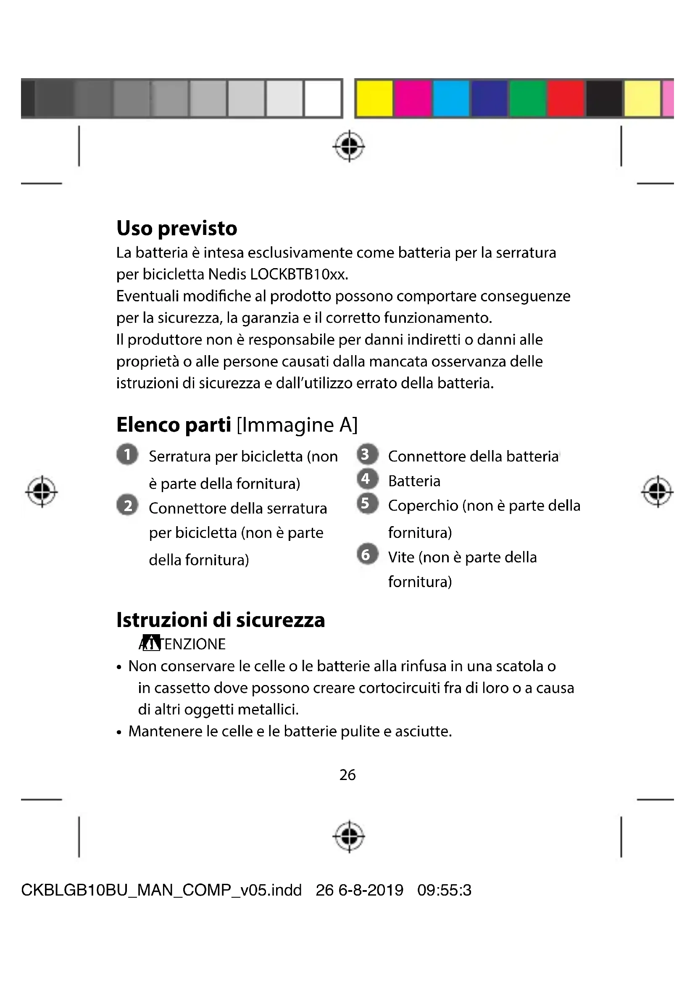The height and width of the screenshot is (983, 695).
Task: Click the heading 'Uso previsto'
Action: tap(176, 228)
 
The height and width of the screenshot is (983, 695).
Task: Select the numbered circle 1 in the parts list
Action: tap(127, 454)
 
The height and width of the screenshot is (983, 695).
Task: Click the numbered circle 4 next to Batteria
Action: tap(367, 479)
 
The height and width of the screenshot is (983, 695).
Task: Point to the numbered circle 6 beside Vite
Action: tap(367, 554)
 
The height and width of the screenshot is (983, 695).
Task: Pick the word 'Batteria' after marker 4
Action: tap(414, 481)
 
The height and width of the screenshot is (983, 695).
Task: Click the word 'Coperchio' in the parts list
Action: tap(423, 506)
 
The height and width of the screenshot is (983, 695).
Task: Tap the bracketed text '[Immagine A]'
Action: tap(297, 425)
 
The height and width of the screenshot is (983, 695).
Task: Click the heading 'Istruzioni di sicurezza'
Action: tap(221, 620)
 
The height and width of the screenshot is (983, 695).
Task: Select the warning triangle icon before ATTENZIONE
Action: tap(151, 643)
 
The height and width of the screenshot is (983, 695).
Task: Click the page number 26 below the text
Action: tap(347, 775)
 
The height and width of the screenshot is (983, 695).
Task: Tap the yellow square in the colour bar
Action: tap(374, 98)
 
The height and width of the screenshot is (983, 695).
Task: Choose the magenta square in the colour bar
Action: tap(413, 98)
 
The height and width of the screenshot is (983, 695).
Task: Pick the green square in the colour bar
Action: tap(527, 98)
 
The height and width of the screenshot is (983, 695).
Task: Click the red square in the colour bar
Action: tap(566, 98)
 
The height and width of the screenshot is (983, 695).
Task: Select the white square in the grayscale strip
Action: tap(323, 98)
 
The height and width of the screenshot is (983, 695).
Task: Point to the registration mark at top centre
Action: tap(349, 146)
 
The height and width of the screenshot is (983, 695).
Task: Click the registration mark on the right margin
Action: tap(657, 492)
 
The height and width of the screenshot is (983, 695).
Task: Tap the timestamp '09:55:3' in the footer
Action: tap(444, 890)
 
